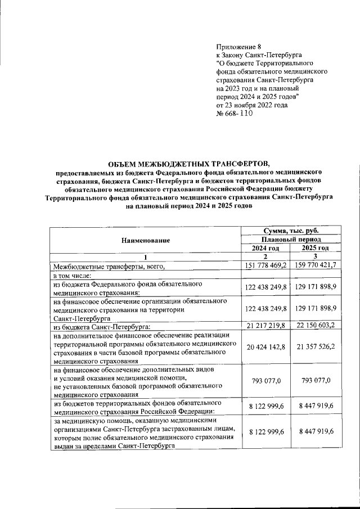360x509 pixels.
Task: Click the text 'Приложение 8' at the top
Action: (239, 46)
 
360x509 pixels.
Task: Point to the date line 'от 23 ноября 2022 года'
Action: (252, 105)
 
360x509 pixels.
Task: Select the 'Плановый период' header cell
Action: (291, 240)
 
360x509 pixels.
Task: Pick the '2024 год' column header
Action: (265, 248)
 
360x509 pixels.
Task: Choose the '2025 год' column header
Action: (315, 248)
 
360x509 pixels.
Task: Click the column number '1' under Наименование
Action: (145, 257)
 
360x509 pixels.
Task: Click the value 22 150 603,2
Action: (315, 326)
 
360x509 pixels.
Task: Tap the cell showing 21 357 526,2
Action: (315, 347)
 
